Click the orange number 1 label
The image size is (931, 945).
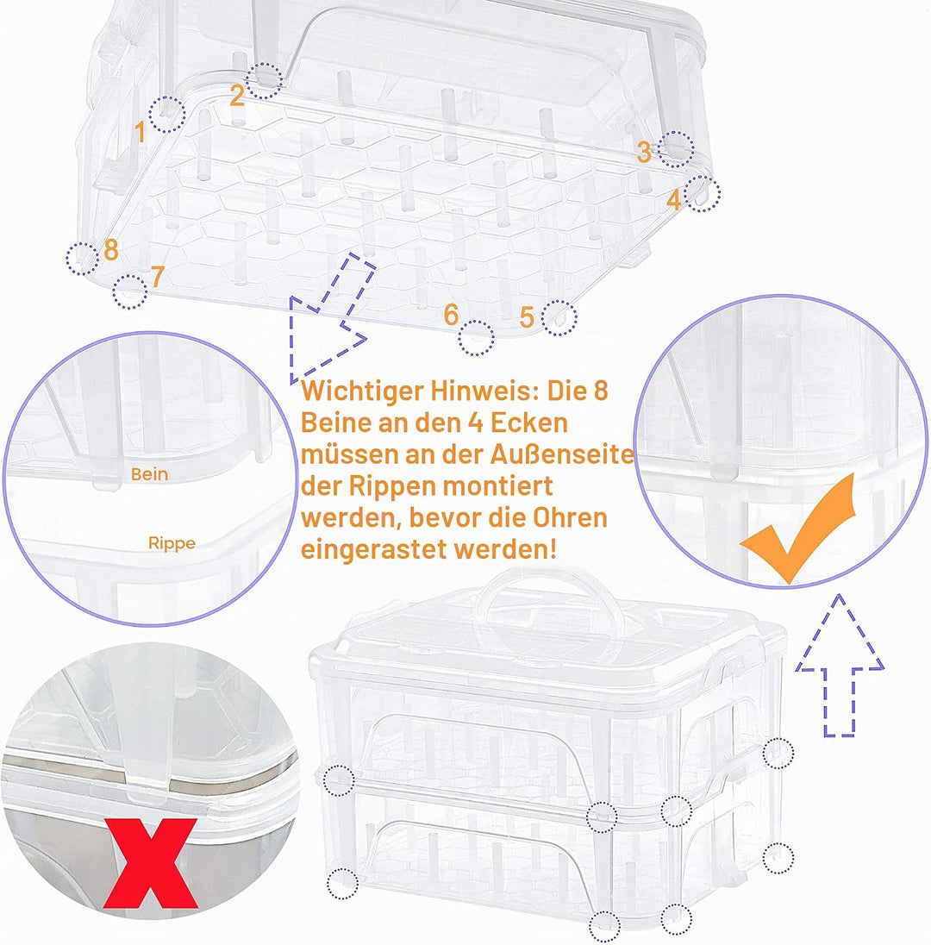141,132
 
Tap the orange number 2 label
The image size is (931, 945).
237,95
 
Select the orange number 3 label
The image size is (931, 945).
644,152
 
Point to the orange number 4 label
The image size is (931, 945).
674,199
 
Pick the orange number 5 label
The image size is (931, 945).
528,317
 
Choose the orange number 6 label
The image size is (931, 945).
452,315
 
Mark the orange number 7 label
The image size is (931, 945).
157,277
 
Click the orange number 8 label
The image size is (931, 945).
111,249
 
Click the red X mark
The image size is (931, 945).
151,863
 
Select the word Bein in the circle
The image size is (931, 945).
149,474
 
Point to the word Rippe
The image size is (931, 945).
172,543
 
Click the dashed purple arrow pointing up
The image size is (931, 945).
840,666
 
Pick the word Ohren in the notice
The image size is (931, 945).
570,518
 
